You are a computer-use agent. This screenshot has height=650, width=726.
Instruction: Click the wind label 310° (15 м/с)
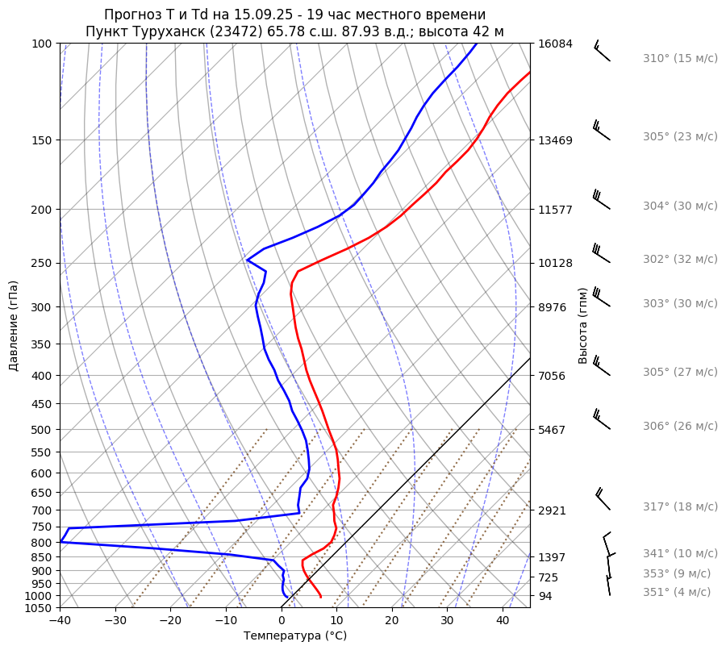pyautogui.click(x=679, y=59)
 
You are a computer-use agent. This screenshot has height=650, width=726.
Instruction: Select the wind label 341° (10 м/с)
pyautogui.click(x=679, y=554)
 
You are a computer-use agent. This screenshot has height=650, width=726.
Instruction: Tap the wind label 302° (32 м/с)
pyautogui.click(x=679, y=260)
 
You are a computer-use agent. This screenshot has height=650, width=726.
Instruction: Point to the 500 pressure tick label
pyautogui.click(x=42, y=430)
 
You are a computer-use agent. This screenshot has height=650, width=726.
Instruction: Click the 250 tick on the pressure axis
pyautogui.click(x=42, y=264)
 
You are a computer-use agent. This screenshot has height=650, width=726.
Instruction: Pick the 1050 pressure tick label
pyautogui.click(x=39, y=608)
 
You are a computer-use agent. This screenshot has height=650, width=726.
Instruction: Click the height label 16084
pyautogui.click(x=555, y=44)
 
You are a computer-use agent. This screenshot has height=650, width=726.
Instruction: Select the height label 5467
pyautogui.click(x=552, y=430)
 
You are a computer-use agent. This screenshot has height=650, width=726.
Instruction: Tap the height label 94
pyautogui.click(x=546, y=596)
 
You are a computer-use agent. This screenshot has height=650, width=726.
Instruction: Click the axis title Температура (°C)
pyautogui.click(x=295, y=636)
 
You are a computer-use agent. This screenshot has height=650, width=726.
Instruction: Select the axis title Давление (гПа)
pyautogui.click(x=14, y=326)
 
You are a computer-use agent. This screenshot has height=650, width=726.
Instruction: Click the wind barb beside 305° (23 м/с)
pyautogui.click(x=601, y=131)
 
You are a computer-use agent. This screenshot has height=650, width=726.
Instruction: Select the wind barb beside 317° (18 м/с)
pyautogui.click(x=603, y=499)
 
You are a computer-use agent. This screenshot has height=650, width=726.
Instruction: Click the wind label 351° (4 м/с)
pyautogui.click(x=676, y=593)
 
